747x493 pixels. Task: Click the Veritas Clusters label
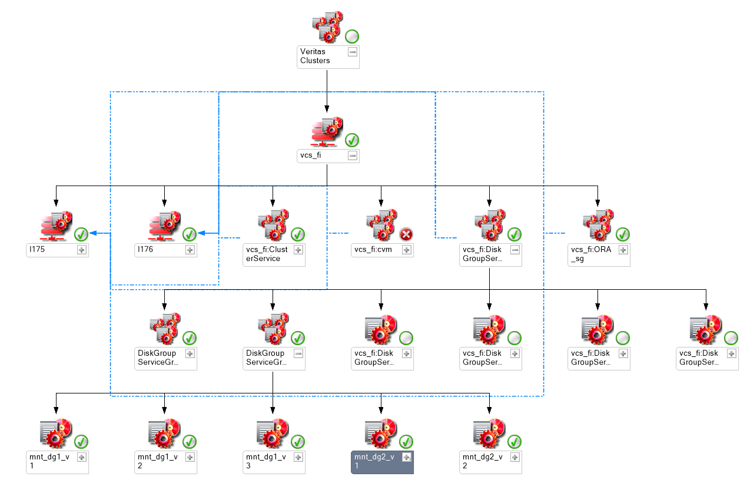[x=316, y=56]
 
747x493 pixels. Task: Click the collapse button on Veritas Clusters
[x=352, y=52]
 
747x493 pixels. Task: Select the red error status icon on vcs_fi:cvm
[x=406, y=234]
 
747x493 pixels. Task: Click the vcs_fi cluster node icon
[x=326, y=132]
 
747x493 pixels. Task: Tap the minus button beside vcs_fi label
[x=352, y=155]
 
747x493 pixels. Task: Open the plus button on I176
[x=190, y=250]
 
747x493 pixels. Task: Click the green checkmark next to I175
[x=81, y=234]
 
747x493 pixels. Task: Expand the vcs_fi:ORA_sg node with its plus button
[x=623, y=250]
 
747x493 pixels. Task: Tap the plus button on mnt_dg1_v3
[x=298, y=457]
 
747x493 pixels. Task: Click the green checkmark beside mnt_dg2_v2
[x=514, y=441]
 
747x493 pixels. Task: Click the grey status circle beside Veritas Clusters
[x=352, y=36]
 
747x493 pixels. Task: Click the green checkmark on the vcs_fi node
[x=352, y=140]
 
